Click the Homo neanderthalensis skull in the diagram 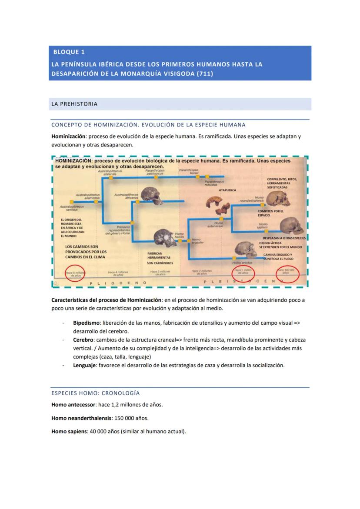pyautogui.click(x=277, y=198)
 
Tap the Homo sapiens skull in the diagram pyautogui.click(x=290, y=226)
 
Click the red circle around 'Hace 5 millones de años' pyautogui.click(x=75, y=273)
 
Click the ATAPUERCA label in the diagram pyautogui.click(x=227, y=190)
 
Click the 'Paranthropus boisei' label pyautogui.click(x=189, y=172)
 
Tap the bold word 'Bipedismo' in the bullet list pyautogui.click(x=86, y=323)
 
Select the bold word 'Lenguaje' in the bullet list pyautogui.click(x=84, y=365)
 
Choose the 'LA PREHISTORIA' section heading pyautogui.click(x=74, y=104)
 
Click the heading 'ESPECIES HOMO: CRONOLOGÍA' pyautogui.click(x=95, y=393)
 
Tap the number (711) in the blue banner pyautogui.click(x=205, y=74)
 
